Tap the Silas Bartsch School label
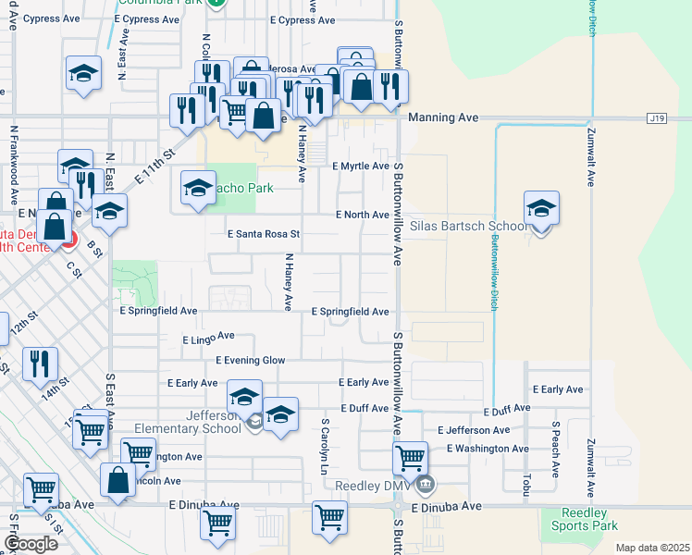pyautogui.click(x=468, y=226)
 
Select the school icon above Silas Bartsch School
pyautogui.click(x=541, y=209)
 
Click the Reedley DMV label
pyautogui.click(x=371, y=486)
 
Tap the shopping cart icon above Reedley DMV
pyautogui.click(x=409, y=458)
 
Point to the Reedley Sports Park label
pyautogui.click(x=589, y=520)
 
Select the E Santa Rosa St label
pyautogui.click(x=264, y=235)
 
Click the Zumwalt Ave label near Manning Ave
pyautogui.click(x=589, y=153)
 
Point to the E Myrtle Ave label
pyautogui.click(x=360, y=166)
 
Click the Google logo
pyautogui.click(x=31, y=544)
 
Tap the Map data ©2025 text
pyautogui.click(x=652, y=548)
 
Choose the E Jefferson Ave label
pyautogui.click(x=473, y=430)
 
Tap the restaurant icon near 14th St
pyautogui.click(x=41, y=364)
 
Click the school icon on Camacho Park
pyautogui.click(x=198, y=190)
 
